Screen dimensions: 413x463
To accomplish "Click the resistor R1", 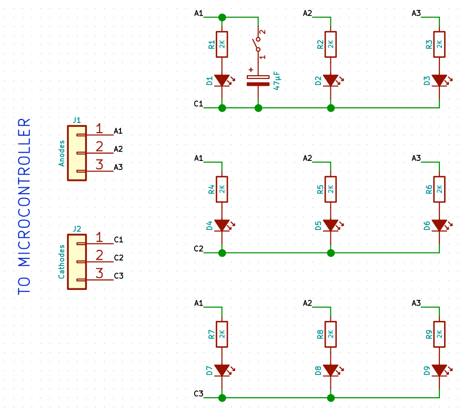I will coord(222,46).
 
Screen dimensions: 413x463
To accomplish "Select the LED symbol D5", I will coord(330,226).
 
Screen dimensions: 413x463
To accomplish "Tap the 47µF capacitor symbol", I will coord(258,80).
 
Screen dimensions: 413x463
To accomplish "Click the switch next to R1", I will coord(258,44).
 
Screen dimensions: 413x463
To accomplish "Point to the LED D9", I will coord(439,370).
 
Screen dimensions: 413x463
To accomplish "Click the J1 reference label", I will coord(76,120).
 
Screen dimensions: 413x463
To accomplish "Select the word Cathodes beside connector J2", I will coord(62,261).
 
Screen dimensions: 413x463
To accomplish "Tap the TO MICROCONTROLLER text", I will coord(25,206).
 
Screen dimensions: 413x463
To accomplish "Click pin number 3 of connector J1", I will coord(99,165).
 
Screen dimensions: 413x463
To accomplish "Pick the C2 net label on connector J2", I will coord(118,258).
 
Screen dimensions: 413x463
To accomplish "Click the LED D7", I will coord(222,370).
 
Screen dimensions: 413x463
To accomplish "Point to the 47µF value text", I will coord(277,80).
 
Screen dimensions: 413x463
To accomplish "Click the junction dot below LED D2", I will coord(330,108).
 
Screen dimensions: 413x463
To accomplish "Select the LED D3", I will coord(439,80).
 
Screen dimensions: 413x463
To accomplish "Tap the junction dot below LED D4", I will coord(222,253).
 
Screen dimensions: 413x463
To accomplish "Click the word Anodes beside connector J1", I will coord(62,153).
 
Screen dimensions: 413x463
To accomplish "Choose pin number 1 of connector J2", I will coord(99,237).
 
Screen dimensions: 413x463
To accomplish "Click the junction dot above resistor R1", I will coord(222,17).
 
